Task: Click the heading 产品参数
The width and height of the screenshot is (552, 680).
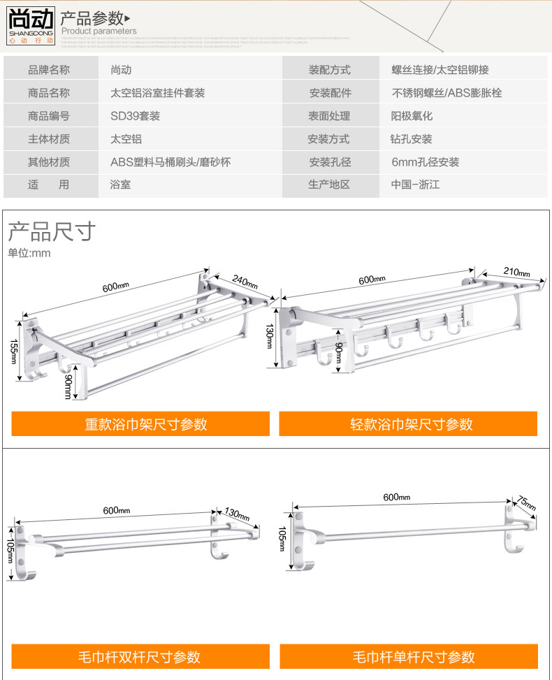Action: click(92, 17)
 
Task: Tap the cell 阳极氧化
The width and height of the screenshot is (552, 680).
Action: click(412, 116)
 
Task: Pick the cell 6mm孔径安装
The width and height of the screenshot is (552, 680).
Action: click(425, 162)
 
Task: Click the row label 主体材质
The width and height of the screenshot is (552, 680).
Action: click(49, 139)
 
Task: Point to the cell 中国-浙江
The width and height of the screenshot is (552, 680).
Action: click(415, 185)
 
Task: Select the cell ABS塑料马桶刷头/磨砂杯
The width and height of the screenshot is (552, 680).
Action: click(170, 162)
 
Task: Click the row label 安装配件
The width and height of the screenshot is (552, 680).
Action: click(330, 93)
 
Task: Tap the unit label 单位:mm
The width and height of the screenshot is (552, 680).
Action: click(29, 253)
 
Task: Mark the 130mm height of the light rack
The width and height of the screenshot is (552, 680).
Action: click(270, 338)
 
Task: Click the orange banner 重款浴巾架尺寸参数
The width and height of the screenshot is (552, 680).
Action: click(140, 424)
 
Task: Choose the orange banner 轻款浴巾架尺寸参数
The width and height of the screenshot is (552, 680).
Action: click(408, 424)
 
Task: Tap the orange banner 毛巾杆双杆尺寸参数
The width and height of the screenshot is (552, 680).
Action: click(140, 656)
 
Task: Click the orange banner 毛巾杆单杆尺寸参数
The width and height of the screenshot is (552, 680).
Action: click(409, 656)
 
